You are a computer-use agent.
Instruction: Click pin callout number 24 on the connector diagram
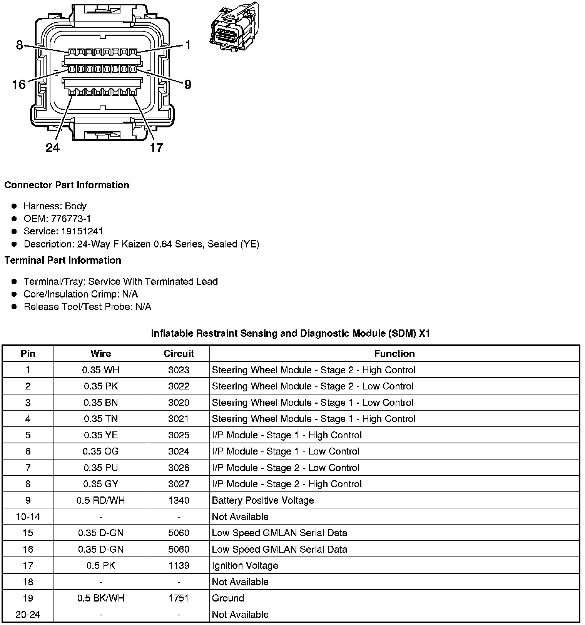53,147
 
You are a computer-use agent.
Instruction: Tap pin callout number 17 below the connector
156,147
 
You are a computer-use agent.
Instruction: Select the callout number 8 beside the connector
20,45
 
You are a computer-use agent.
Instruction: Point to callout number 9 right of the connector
188,84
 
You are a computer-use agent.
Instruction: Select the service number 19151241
82,231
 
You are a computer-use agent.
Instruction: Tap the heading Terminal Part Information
63,260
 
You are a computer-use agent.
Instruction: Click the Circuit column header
179,353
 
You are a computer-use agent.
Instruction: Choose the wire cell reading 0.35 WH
101,370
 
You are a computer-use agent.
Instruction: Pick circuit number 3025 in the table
179,435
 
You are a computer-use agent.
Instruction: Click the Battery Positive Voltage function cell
263,500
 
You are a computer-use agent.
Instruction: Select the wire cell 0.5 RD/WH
101,500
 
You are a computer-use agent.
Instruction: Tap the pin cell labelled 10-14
28,516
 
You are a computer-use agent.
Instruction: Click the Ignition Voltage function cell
245,565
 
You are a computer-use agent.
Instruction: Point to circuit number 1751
179,598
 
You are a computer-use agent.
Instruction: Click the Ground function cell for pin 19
228,598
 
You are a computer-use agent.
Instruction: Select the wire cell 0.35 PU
101,468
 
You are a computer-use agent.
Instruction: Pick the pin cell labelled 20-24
28,614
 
